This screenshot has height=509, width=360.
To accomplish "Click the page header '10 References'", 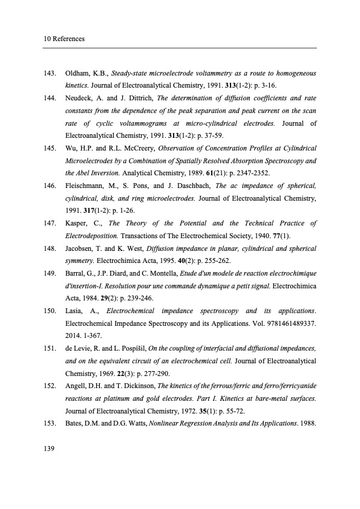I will click(x=64, y=39).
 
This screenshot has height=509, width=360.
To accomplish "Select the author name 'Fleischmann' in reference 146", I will click(x=85, y=185).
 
